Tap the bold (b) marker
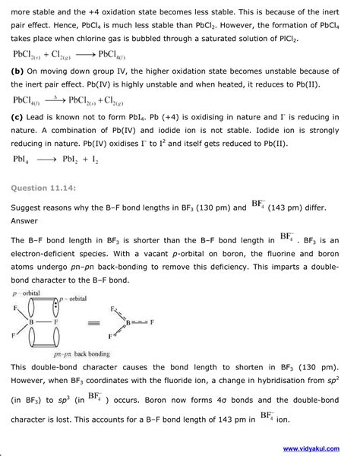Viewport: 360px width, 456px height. pos(18,70)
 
